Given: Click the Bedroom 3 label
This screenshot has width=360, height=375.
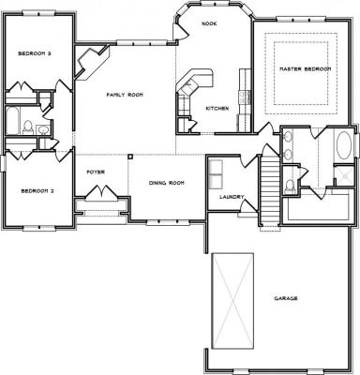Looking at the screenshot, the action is coord(35,53).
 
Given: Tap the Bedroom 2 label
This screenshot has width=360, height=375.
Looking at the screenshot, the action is coord(37,190).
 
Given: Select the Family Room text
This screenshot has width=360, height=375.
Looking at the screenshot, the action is coord(125,95).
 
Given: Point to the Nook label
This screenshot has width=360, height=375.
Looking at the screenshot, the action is coord(209,23).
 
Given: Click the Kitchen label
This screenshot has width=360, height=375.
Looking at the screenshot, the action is coord(217,109).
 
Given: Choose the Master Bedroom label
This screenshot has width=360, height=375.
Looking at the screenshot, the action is coord(305,68).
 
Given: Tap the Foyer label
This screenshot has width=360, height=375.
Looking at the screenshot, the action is coord(96,172).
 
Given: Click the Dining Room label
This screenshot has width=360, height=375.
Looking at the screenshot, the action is coord(167,183).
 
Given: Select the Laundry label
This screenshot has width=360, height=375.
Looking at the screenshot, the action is coord(232,197).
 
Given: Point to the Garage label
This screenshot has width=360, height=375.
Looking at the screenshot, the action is coord(286,298).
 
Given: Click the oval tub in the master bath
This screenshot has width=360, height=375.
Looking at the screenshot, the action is coord(344,145).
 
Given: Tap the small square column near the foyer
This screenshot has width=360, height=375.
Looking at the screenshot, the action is coord(130,157).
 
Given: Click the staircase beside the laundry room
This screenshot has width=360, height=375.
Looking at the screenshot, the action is coord(269,190).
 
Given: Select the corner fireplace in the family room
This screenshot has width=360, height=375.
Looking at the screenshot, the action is coord(91,63).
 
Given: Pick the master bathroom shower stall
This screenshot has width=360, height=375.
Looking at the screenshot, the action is coord(344,176).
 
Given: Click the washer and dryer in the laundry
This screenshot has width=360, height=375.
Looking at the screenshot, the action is coord(216,174).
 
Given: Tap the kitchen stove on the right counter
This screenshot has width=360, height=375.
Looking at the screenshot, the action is coord(244,97).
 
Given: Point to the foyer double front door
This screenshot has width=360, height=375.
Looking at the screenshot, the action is coord(101,192).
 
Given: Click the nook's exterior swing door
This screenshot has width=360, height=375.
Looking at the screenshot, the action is coord(180,31).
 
